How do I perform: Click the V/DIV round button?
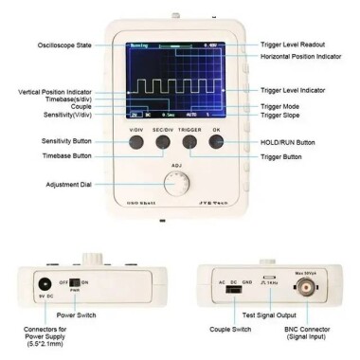tap(136, 143)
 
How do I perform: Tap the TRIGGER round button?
tap(190, 143)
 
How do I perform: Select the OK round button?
tap(218, 143)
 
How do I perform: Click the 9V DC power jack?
tap(41, 281)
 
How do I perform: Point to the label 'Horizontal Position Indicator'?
tap(304, 56)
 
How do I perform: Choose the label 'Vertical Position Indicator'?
tap(58, 92)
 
